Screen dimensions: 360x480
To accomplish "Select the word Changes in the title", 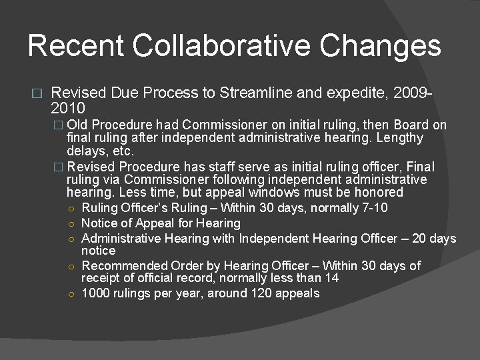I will point(381,46).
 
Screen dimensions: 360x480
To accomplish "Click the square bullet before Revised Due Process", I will point(36,94).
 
